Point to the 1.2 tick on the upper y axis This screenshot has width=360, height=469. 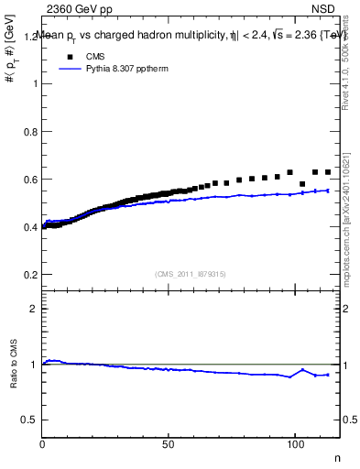28,37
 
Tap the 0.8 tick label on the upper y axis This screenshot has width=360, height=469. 28,132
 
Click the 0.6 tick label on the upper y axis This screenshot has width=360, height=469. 28,180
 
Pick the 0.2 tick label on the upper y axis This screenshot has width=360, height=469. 28,275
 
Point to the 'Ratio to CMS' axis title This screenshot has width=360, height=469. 14,379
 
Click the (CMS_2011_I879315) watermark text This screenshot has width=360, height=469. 191,273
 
